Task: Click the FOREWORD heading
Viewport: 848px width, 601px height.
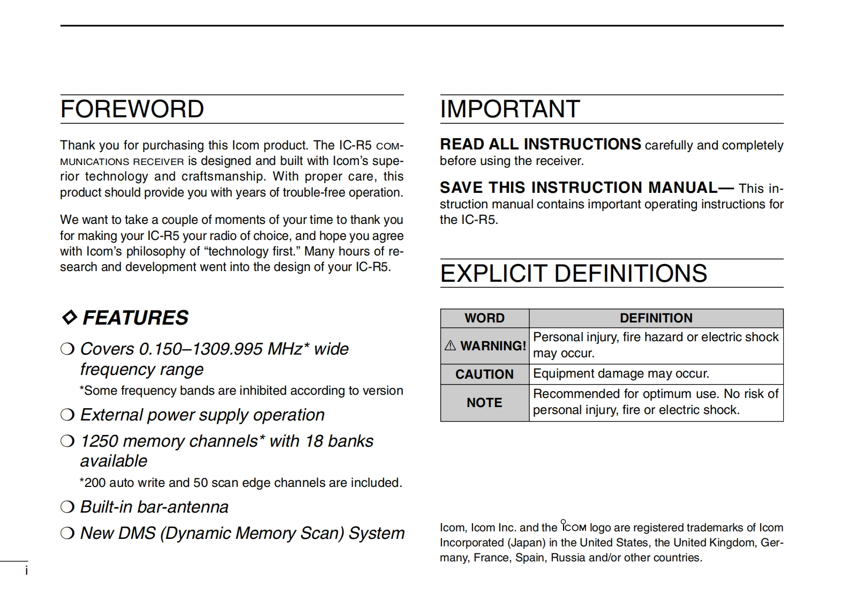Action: tap(132, 109)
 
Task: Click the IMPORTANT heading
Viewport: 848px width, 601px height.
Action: tap(509, 109)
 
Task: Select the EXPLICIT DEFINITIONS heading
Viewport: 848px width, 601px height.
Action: tap(573, 273)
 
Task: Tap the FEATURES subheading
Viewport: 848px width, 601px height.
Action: tap(135, 318)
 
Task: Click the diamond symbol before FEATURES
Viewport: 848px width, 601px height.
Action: tap(70, 317)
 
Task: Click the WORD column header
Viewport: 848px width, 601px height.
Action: tap(484, 318)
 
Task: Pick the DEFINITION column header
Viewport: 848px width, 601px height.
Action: tap(656, 318)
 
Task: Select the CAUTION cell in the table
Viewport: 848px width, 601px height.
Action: tap(484, 374)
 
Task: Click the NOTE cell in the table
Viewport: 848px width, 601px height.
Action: tap(484, 403)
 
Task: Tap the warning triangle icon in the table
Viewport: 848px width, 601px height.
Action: tap(450, 346)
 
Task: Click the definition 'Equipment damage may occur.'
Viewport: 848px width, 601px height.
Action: tap(621, 373)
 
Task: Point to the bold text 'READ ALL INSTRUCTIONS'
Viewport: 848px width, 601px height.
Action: tap(540, 145)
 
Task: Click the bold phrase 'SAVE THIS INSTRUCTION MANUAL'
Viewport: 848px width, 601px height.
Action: tap(579, 187)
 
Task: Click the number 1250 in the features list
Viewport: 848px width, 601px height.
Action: tap(97, 441)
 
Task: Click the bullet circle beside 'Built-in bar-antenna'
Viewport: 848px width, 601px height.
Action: tap(67, 507)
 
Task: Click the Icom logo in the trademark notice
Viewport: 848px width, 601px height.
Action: tap(573, 527)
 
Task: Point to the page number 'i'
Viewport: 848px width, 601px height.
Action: tap(26, 571)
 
